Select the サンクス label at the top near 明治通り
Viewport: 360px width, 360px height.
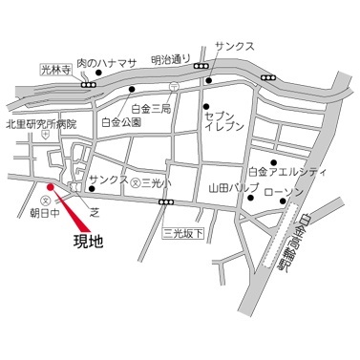pyautogui.click(x=234, y=44)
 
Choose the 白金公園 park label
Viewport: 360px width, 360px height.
pyautogui.click(x=120, y=123)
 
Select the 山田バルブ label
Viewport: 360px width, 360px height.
pyautogui.click(x=235, y=189)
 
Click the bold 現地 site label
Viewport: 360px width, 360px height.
pyautogui.click(x=92, y=244)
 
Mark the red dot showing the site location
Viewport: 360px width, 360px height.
pyautogui.click(x=49, y=186)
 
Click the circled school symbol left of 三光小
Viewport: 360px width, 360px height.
pyautogui.click(x=136, y=180)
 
